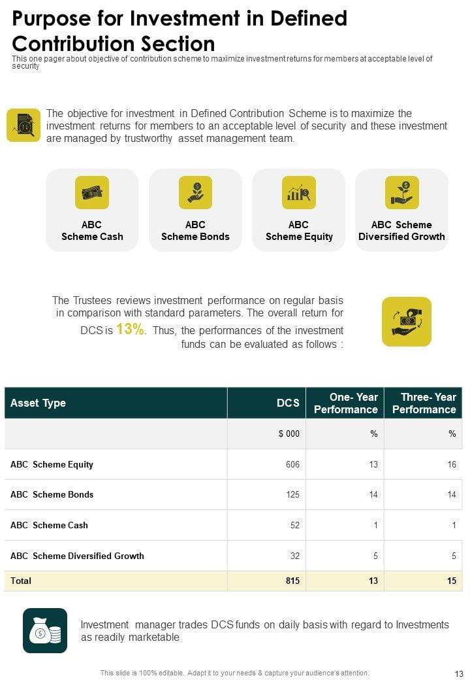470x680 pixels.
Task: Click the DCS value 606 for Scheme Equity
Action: (x=292, y=464)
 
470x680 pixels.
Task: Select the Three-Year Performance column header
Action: (x=424, y=403)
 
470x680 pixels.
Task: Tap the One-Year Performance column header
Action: (x=345, y=403)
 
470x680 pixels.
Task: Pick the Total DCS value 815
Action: (x=292, y=581)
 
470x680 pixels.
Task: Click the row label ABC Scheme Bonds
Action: (x=52, y=494)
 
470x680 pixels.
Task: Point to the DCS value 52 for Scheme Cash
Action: (x=294, y=525)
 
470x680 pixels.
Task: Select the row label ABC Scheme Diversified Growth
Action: (x=77, y=556)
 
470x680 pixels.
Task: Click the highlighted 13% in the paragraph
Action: (x=130, y=330)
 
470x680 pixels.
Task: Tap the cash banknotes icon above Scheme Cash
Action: (x=92, y=192)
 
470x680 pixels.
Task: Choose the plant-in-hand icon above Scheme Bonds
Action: (x=195, y=192)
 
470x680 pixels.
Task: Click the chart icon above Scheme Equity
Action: (x=298, y=192)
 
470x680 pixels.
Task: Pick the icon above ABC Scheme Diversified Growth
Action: (x=401, y=192)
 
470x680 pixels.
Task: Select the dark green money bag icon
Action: (x=45, y=630)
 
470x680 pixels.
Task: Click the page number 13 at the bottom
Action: (x=458, y=673)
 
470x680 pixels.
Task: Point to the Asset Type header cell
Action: (x=38, y=403)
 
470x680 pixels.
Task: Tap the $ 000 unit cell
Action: (x=289, y=433)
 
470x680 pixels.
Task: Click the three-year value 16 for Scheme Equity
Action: (x=451, y=464)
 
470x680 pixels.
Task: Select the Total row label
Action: (x=21, y=581)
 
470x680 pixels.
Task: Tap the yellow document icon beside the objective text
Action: (x=23, y=125)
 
